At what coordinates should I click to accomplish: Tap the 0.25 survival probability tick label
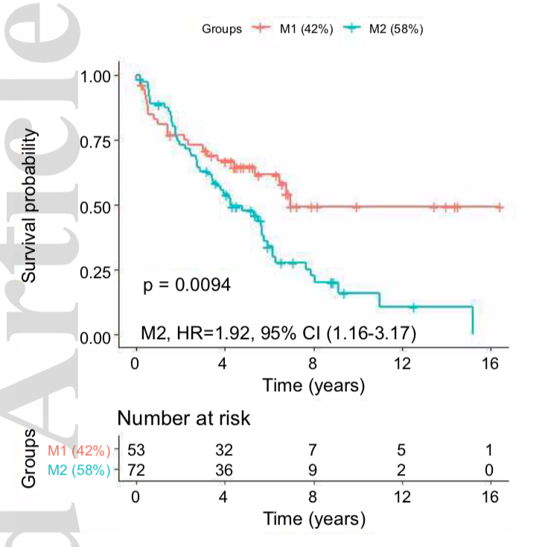[97, 271]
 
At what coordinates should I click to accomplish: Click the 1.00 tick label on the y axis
[97, 75]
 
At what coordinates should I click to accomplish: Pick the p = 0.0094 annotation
[186, 284]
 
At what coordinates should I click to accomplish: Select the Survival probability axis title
[30, 205]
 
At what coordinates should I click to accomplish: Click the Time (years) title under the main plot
[313, 386]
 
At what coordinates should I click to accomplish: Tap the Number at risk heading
[184, 418]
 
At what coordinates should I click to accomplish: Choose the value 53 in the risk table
[136, 450]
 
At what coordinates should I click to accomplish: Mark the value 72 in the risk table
[136, 470]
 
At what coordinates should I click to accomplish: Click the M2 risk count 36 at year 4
[224, 470]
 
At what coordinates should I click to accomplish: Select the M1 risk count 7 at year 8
[313, 450]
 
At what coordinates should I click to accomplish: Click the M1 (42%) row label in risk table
[79, 450]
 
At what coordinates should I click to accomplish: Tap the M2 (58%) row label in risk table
[79, 470]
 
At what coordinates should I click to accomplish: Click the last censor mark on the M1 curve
[500, 207]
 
